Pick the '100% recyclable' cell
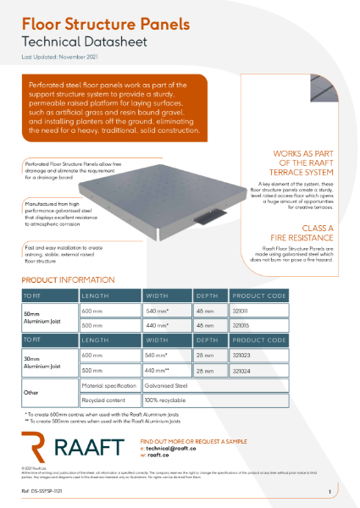tap(164, 398)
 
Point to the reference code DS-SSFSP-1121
tap(44, 491)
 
